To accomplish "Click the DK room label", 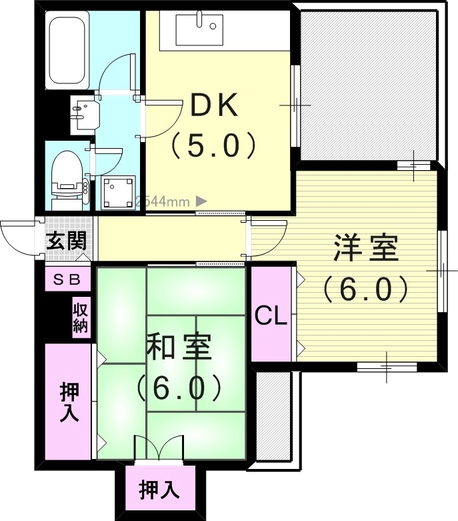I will (x=214, y=105).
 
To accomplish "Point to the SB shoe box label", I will (x=67, y=280).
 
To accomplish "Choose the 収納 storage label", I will (x=81, y=318).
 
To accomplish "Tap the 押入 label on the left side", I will (x=69, y=402).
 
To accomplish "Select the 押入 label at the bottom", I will (x=159, y=491).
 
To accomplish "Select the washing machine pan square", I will (x=119, y=192).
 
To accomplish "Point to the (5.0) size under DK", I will (x=214, y=145).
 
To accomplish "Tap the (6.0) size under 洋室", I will (x=365, y=288).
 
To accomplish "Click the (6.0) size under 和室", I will (x=179, y=387).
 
